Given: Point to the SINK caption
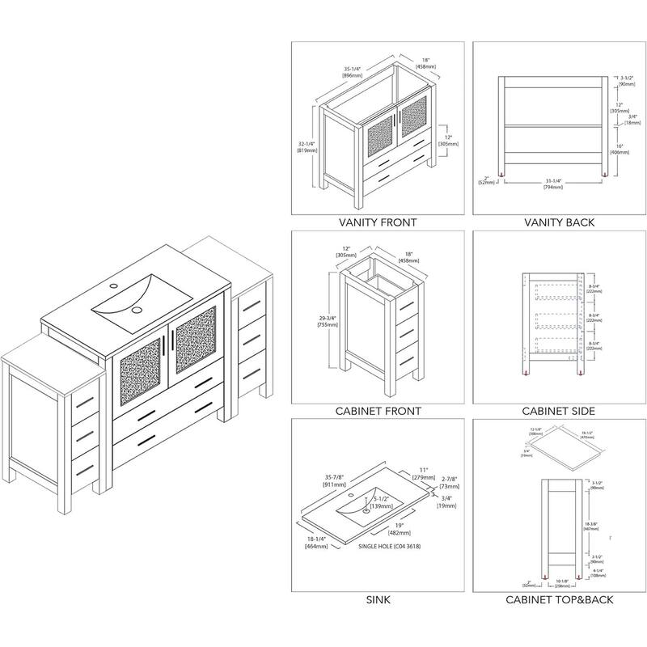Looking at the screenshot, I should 378,599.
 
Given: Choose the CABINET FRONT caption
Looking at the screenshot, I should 378,411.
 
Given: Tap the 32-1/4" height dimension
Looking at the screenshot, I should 306,146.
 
